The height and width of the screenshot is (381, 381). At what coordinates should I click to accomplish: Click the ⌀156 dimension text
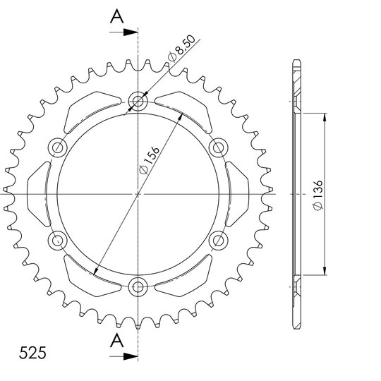click(x=150, y=159)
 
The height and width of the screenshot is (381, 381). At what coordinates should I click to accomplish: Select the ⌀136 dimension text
click(x=318, y=195)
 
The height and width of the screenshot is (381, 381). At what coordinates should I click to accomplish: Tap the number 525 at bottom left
click(x=32, y=353)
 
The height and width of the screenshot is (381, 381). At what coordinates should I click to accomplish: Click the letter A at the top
click(x=117, y=16)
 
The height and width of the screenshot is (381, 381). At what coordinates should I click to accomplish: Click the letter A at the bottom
click(x=117, y=340)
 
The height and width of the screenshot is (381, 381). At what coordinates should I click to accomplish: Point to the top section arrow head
click(x=131, y=32)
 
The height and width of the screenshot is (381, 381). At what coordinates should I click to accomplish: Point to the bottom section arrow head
click(x=131, y=356)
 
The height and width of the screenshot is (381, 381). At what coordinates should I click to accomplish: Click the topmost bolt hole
click(x=138, y=101)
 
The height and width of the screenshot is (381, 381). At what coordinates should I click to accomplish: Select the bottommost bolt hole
click(x=138, y=287)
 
